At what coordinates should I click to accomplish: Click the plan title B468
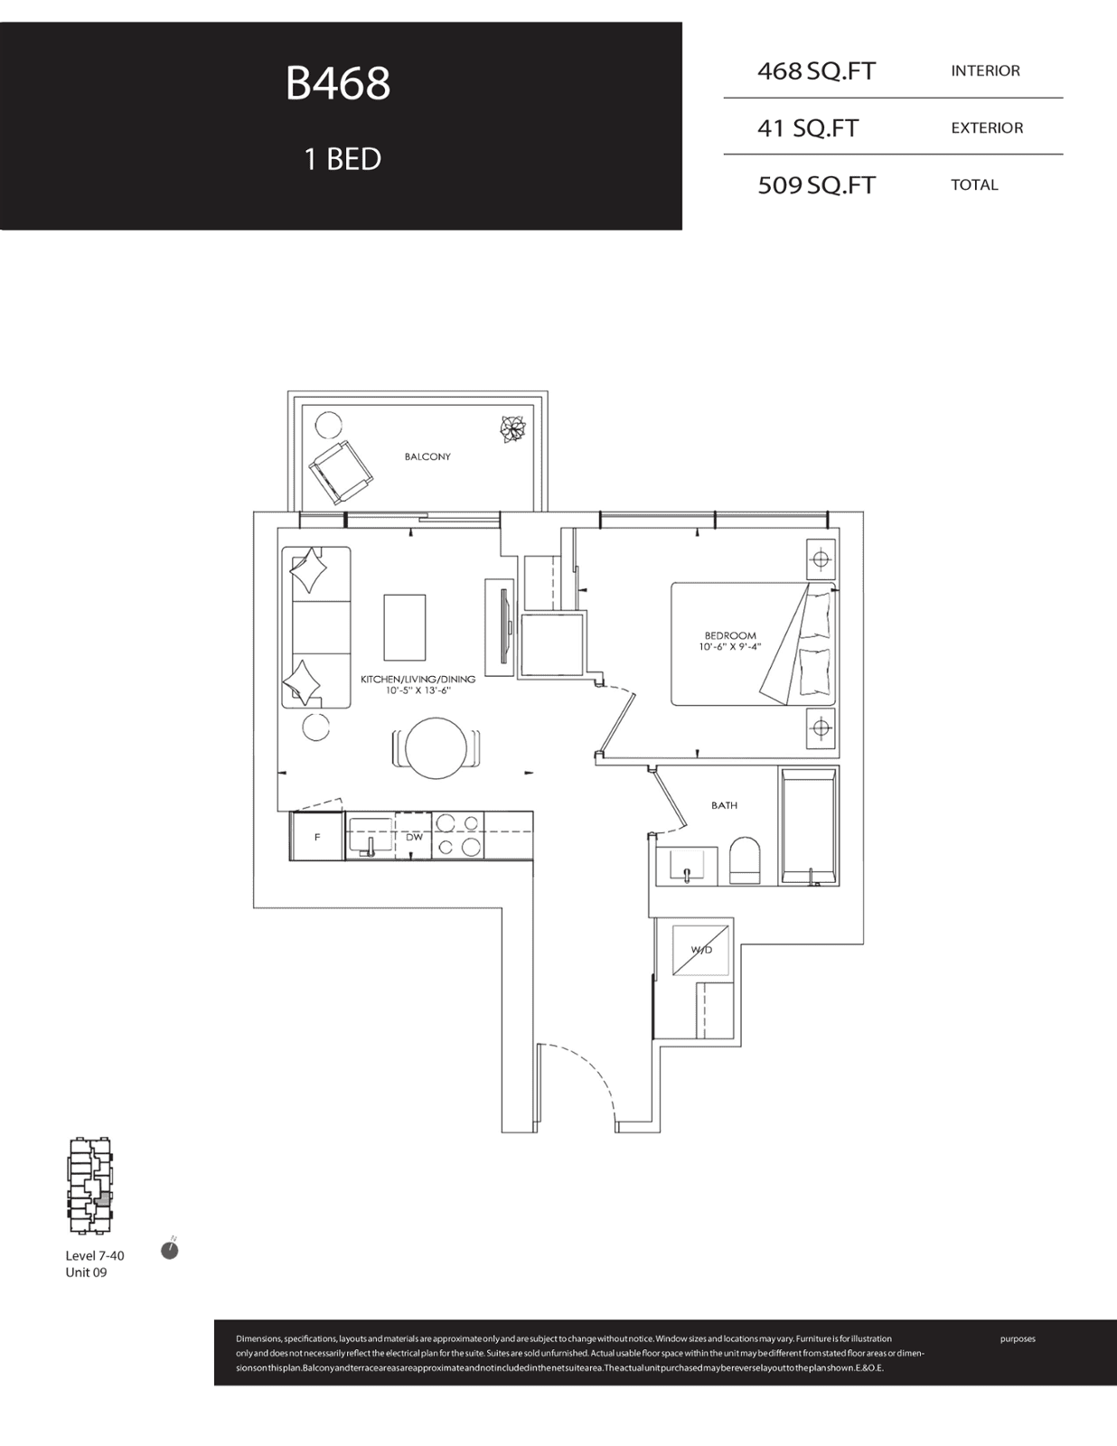pyautogui.click(x=337, y=84)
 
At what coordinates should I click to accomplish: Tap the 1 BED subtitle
pyautogui.click(x=342, y=159)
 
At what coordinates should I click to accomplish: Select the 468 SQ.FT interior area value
pyautogui.click(x=816, y=71)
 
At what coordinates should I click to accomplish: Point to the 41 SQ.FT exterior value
pyautogui.click(x=808, y=127)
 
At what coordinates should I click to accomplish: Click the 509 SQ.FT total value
pyautogui.click(x=816, y=185)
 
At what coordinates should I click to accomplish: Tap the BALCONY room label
pyautogui.click(x=427, y=456)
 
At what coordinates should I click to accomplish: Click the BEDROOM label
pyautogui.click(x=730, y=635)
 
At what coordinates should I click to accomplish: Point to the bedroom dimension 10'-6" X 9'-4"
pyautogui.click(x=730, y=646)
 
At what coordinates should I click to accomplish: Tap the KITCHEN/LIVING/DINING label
pyautogui.click(x=418, y=680)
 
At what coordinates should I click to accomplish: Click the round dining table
pyautogui.click(x=435, y=748)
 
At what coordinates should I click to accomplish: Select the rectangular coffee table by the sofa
pyautogui.click(x=405, y=627)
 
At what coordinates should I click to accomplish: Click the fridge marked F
pyautogui.click(x=317, y=837)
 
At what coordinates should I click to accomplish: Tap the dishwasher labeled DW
pyautogui.click(x=414, y=837)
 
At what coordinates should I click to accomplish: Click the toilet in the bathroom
pyautogui.click(x=745, y=862)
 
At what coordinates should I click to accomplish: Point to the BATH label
pyautogui.click(x=724, y=805)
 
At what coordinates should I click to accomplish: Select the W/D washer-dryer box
pyautogui.click(x=701, y=950)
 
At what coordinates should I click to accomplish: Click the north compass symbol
pyautogui.click(x=170, y=1251)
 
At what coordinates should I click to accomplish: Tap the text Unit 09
pyautogui.click(x=86, y=1272)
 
